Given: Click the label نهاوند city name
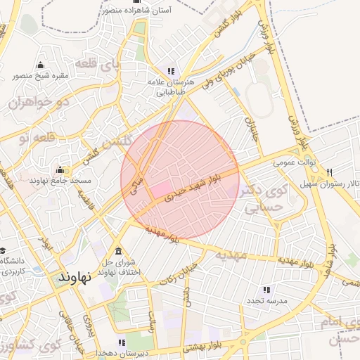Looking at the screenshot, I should point(75,277).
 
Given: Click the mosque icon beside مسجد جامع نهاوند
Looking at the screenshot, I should point(59,169).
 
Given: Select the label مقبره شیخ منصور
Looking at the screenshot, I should point(39,75).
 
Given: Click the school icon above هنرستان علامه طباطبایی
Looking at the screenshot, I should point(171,72).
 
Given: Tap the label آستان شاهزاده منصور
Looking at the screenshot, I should point(139,11).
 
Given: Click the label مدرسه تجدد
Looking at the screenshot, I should point(264,301).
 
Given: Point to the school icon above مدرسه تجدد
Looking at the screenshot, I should point(266,289).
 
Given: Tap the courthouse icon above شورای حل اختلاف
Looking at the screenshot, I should point(117,252).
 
